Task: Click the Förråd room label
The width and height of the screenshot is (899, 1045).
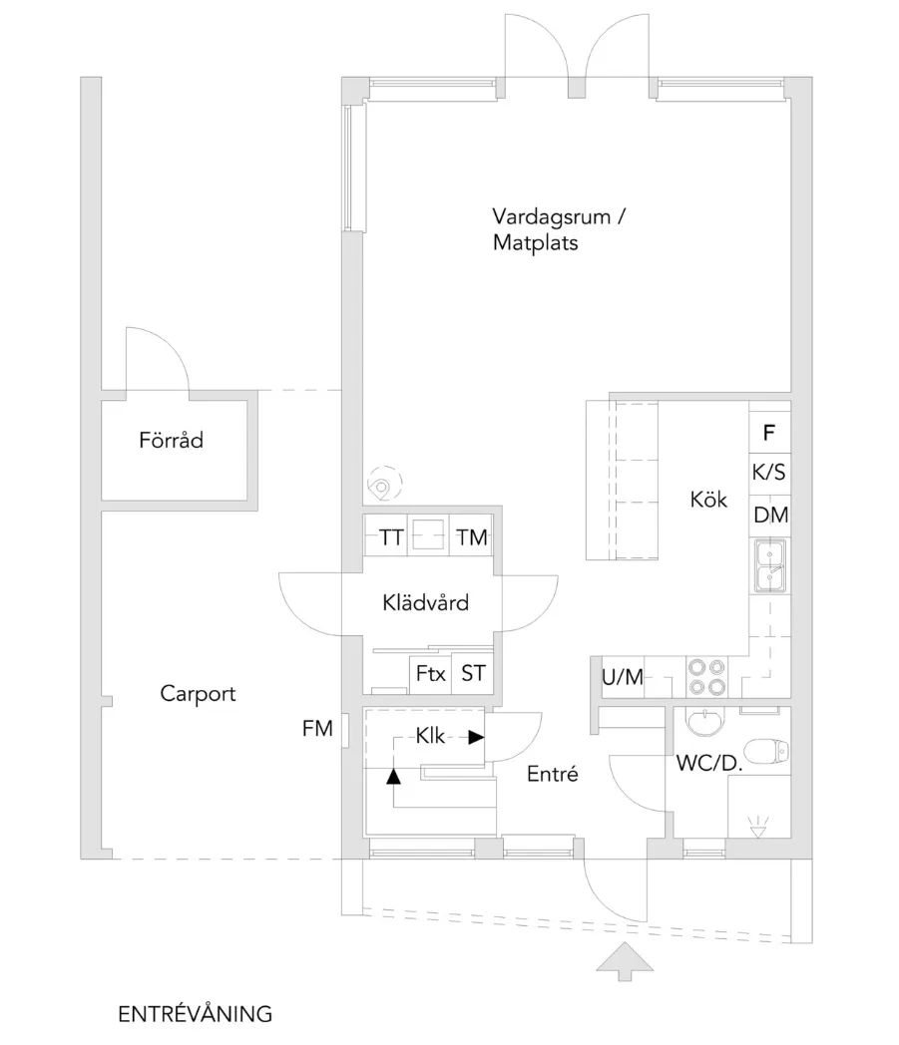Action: [171, 439]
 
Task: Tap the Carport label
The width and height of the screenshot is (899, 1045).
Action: [198, 693]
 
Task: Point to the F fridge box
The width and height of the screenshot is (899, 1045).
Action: [769, 434]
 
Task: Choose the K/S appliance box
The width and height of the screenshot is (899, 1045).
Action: [769, 474]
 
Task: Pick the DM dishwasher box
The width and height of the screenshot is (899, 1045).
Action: [769, 516]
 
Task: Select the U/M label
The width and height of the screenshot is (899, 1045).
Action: [623, 677]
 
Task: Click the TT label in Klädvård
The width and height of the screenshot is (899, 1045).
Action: [391, 538]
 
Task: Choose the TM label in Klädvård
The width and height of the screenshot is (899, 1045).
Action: [472, 538]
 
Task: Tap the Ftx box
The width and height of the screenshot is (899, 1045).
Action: [430, 674]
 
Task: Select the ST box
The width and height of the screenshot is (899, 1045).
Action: [472, 674]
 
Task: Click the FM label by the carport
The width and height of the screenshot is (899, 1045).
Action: [317, 730]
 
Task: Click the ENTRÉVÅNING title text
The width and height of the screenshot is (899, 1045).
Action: [195, 1014]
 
